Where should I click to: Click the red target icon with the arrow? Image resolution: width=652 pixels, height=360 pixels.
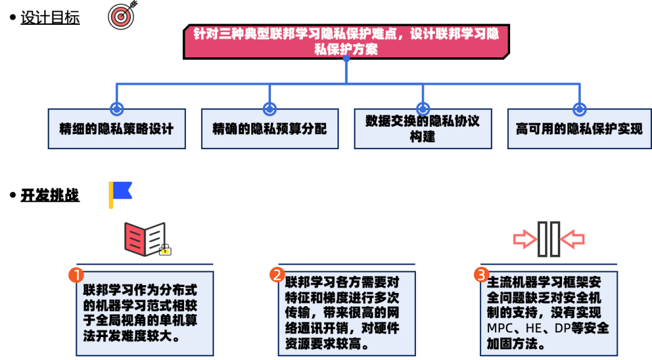tap(121, 16)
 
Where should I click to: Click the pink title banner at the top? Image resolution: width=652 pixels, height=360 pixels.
tap(346, 41)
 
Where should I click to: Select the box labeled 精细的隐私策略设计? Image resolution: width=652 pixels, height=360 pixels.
tap(117, 129)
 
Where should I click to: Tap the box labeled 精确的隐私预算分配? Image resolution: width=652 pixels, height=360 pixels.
tap(269, 129)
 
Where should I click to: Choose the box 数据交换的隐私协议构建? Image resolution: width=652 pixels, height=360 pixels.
tap(423, 129)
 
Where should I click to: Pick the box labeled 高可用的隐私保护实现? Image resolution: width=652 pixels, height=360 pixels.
tap(579, 129)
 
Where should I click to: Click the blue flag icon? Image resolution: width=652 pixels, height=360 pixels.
tap(120, 193)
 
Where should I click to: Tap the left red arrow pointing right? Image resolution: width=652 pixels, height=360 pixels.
tap(525, 240)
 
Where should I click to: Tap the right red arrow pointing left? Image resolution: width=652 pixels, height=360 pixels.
tap(572, 240)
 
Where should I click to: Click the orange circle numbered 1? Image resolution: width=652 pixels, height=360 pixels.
tap(76, 275)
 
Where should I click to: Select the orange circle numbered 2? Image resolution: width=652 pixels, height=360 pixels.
tap(277, 275)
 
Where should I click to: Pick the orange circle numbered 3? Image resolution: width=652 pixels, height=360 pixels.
tap(481, 275)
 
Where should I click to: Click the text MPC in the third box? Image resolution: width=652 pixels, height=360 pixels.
tap(499, 329)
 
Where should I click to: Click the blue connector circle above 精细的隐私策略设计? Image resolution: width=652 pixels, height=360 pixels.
tap(117, 109)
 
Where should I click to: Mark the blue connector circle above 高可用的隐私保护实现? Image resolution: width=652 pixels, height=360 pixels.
tap(579, 109)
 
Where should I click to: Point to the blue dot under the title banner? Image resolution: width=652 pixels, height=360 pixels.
tap(346, 59)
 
